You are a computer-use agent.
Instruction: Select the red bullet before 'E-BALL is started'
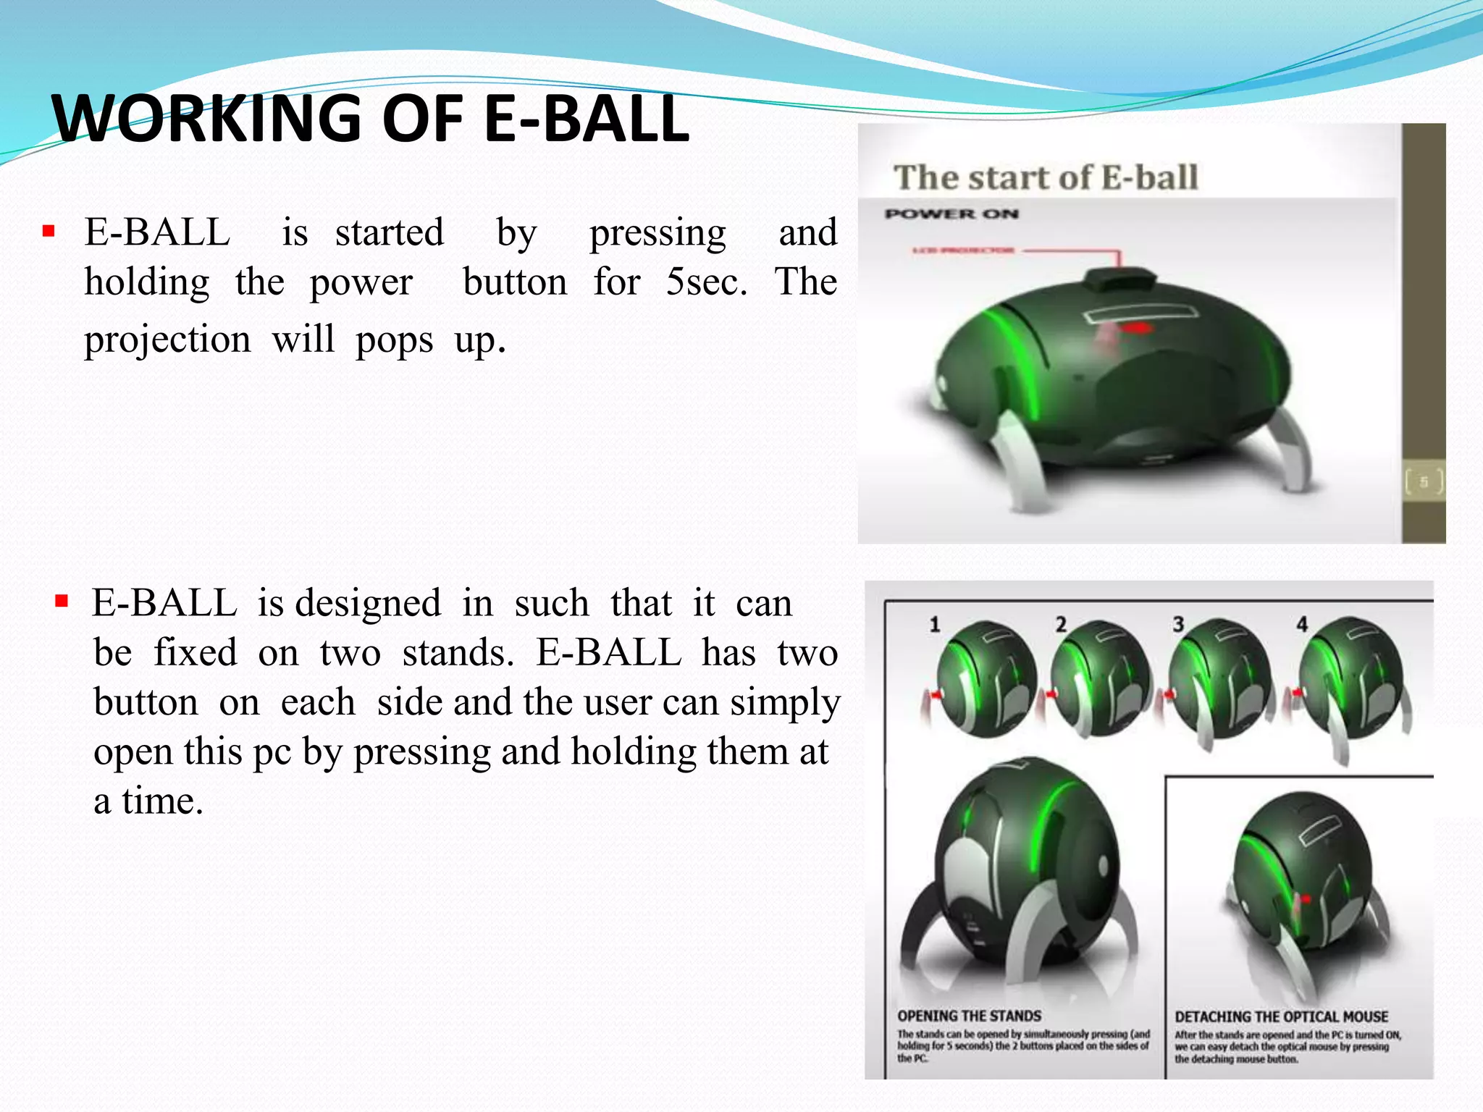[49, 232]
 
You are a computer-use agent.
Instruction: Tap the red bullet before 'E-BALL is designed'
[62, 601]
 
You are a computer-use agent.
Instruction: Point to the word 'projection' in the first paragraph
[167, 340]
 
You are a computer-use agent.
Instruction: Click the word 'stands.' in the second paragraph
[458, 653]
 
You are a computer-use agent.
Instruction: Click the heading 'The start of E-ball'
[1046, 178]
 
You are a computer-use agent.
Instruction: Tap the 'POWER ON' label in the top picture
[951, 214]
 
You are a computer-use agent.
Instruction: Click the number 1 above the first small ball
[934, 624]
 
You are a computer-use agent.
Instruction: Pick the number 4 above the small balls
[1302, 624]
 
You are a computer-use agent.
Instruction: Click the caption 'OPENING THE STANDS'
[969, 1016]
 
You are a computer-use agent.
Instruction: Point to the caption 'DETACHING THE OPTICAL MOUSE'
[1281, 1016]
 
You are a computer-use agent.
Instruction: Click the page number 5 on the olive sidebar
[1423, 481]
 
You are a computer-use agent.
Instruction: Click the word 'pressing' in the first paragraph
[658, 234]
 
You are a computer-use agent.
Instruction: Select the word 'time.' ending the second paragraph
[163, 801]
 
